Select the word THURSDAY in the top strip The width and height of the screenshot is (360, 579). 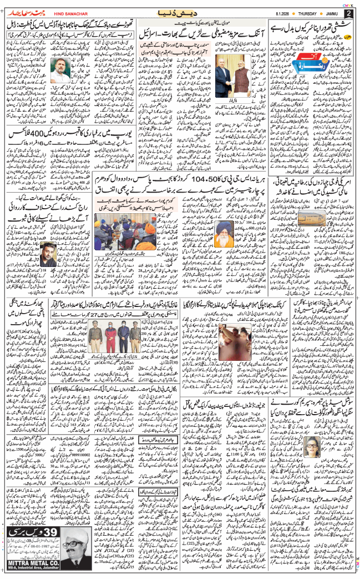coord(297,13)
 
